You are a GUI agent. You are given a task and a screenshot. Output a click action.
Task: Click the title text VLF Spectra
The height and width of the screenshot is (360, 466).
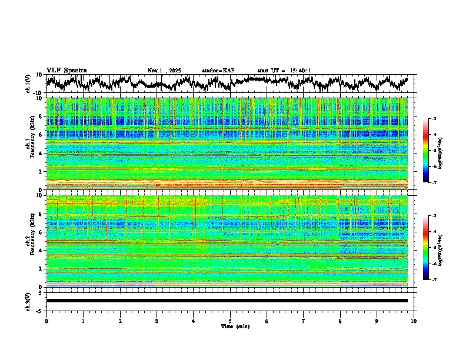[66, 70]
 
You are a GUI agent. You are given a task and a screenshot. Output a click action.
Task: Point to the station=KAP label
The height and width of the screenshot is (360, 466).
[218, 71]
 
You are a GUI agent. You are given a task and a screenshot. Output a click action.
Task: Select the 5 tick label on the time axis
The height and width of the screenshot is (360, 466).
[230, 321]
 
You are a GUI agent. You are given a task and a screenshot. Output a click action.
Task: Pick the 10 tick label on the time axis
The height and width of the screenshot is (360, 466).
[414, 321]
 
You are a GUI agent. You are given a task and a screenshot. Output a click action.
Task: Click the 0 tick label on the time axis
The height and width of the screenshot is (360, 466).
[46, 321]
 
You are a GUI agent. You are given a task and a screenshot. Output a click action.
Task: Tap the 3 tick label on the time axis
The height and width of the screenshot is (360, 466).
[157, 321]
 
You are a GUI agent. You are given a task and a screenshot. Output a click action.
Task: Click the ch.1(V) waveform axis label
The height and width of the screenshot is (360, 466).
[28, 84]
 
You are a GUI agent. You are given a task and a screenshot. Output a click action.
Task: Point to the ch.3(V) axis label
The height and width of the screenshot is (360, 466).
[28, 301]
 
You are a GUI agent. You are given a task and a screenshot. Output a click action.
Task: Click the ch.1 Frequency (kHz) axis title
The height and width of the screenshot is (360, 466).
[29, 144]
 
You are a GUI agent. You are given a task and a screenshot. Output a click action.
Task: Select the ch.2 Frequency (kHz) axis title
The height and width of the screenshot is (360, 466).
[29, 241]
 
